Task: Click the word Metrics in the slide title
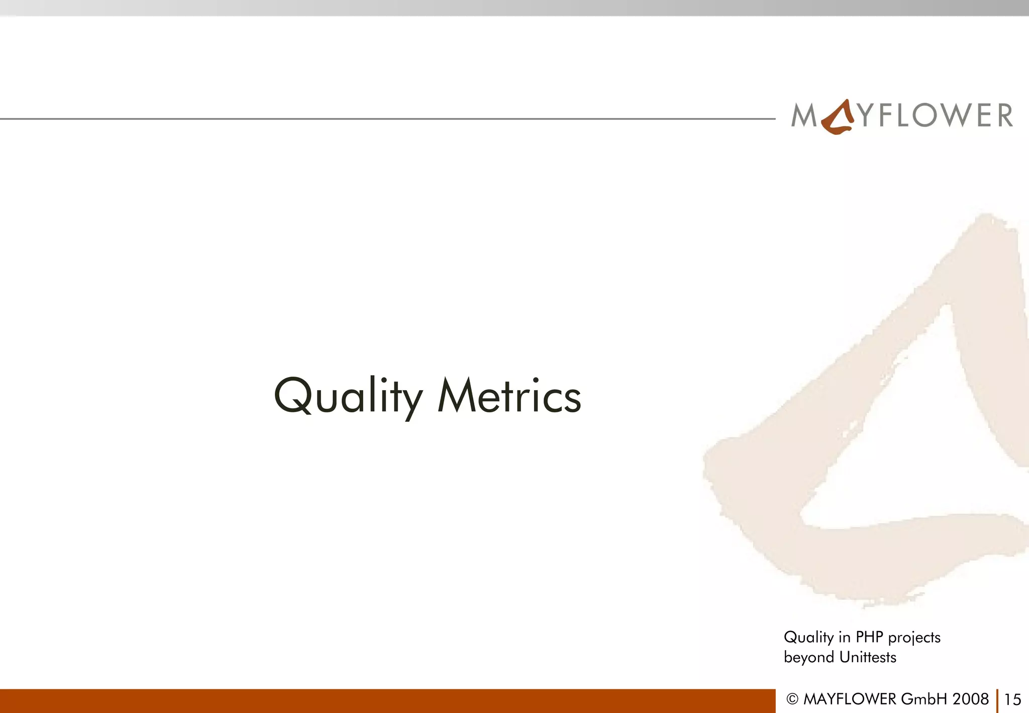click(509, 397)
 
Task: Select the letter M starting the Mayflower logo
click(804, 115)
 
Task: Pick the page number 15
click(1012, 699)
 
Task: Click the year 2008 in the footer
click(970, 699)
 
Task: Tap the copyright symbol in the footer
click(792, 699)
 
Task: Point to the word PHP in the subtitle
click(869, 637)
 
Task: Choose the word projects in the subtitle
click(914, 638)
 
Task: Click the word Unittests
click(868, 657)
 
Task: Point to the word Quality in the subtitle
click(809, 638)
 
